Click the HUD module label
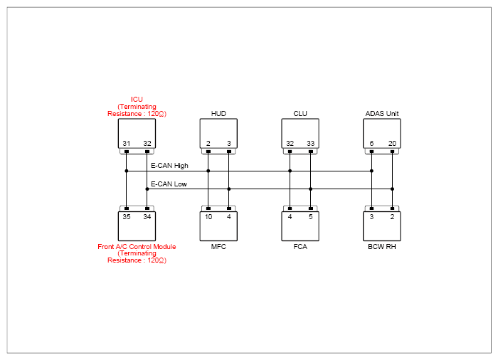click(218, 113)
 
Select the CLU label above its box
click(300, 113)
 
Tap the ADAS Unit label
click(382, 113)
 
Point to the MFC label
click(218, 247)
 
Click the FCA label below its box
click(300, 247)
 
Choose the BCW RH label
click(382, 247)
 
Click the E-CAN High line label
click(169, 166)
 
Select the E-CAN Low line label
click(169, 184)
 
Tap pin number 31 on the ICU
click(127, 143)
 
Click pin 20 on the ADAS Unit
click(392, 143)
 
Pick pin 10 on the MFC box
click(208, 217)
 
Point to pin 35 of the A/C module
click(127, 217)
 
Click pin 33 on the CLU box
click(311, 143)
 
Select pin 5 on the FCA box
click(311, 217)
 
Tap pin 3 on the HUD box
click(229, 143)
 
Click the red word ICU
click(137, 100)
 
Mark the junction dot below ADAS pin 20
click(392, 189)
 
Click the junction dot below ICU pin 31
click(127, 171)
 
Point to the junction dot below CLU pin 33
click(311, 189)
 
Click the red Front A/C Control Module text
click(137, 247)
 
